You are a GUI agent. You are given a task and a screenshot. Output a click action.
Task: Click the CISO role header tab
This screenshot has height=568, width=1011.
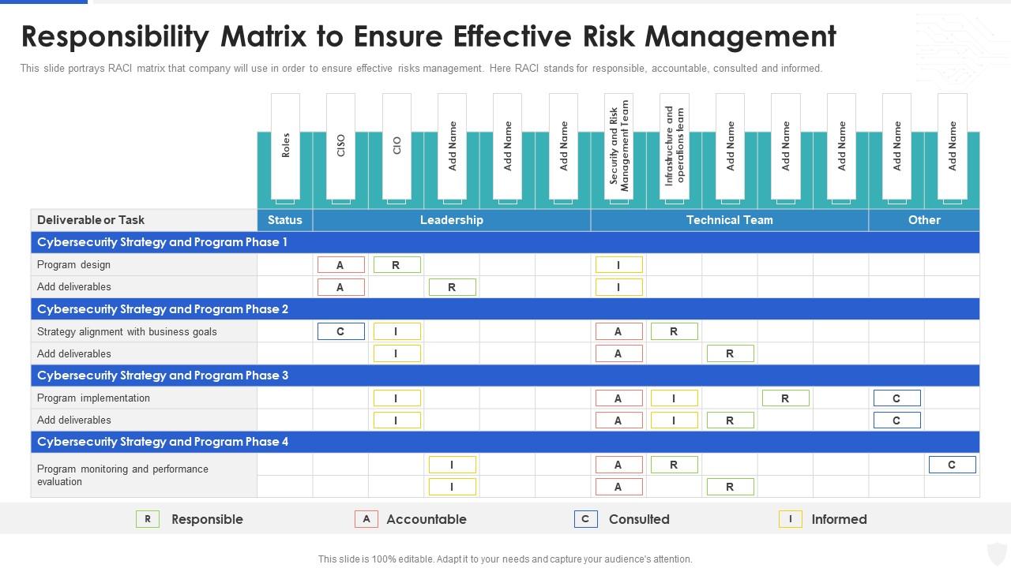(x=340, y=146)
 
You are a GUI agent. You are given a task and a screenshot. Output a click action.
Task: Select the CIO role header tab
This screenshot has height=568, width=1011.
(x=397, y=146)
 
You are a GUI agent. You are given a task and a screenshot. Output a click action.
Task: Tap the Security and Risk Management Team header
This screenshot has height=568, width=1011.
(x=618, y=146)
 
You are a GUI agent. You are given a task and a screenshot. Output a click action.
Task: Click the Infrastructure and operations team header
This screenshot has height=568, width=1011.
(x=675, y=146)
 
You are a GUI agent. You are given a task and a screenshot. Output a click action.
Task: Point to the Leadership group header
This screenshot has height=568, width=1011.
(x=451, y=220)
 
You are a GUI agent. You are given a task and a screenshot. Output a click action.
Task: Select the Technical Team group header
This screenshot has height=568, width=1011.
(x=729, y=220)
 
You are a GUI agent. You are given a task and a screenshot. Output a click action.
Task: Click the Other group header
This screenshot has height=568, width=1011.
(x=924, y=220)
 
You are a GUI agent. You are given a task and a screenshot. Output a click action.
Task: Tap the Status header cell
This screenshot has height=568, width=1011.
(x=285, y=220)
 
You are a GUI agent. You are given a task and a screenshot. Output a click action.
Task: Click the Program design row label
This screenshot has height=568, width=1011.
(x=73, y=264)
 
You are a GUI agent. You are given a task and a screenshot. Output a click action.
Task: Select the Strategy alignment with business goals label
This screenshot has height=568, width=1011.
(x=127, y=332)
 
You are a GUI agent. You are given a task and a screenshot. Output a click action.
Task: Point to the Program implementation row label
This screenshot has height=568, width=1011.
(x=93, y=398)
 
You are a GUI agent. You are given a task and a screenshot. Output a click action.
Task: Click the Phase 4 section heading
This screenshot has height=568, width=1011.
(x=163, y=442)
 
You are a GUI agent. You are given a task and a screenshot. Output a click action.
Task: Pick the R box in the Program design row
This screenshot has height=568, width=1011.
(x=397, y=264)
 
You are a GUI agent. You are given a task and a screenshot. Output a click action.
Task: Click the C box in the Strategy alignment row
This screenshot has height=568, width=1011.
(x=341, y=331)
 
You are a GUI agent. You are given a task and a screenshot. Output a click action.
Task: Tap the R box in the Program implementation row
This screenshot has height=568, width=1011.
(x=786, y=398)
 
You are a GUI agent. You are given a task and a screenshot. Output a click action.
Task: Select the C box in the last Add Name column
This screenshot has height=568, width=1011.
(x=953, y=465)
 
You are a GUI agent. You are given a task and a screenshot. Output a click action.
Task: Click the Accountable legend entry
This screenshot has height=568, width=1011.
(x=411, y=519)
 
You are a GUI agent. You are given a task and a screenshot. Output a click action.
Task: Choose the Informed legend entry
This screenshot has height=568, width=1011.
(x=823, y=519)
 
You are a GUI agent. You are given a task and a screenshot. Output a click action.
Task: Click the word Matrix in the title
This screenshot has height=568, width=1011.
(x=263, y=36)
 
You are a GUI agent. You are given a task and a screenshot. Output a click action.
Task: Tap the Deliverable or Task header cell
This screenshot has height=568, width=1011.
(x=91, y=220)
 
